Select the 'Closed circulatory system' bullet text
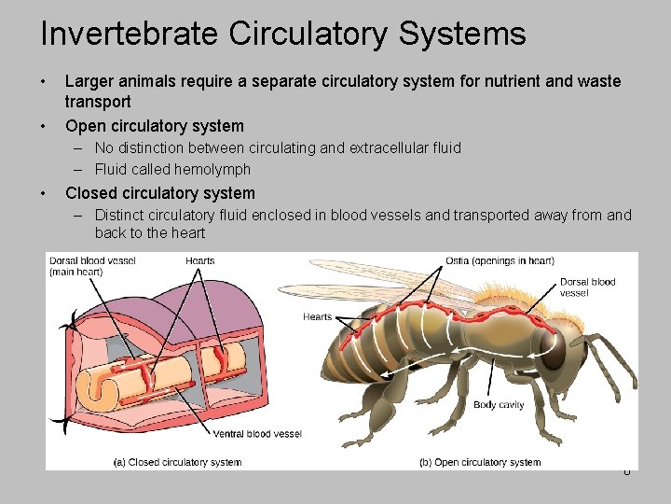[159, 193]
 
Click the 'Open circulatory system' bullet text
[154, 126]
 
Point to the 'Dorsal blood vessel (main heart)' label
[93, 266]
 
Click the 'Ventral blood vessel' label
[257, 433]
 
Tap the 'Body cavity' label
[499, 405]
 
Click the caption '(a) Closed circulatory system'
[177, 462]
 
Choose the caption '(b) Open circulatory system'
[480, 462]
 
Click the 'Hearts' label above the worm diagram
[200, 260]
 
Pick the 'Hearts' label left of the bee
[317, 317]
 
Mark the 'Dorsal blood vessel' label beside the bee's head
[587, 287]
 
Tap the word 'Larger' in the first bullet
[91, 81]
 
